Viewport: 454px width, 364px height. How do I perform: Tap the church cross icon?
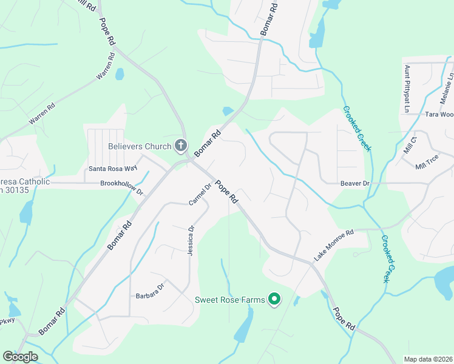(x=180, y=146)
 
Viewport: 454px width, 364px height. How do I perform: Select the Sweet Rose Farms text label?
(x=229, y=300)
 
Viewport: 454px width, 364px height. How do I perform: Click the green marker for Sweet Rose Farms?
(x=274, y=298)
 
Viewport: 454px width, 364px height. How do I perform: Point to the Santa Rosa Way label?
(x=113, y=169)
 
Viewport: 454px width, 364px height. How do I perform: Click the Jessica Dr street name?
(x=191, y=240)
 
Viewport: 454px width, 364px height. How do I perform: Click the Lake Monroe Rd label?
(x=333, y=245)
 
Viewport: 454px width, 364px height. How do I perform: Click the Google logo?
(x=20, y=356)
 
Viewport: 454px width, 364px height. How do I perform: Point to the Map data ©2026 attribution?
(x=428, y=359)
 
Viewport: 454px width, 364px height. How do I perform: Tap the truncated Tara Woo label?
(x=439, y=114)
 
